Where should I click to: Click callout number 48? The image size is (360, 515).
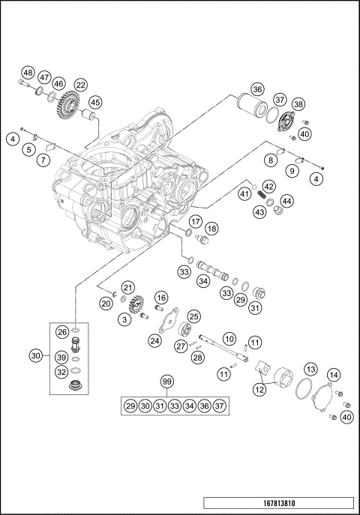[x=28, y=73]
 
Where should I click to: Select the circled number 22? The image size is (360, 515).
[x=80, y=85]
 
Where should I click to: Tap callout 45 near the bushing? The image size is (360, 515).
[x=94, y=102]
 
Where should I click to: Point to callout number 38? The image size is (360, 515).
[x=298, y=105]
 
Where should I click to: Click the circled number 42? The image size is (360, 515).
[x=268, y=187]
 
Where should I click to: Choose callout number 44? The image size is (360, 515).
[x=288, y=201]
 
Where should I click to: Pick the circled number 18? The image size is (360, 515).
[x=212, y=228]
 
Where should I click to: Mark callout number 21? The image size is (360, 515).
[x=128, y=288]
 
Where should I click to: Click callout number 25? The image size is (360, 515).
[x=193, y=316]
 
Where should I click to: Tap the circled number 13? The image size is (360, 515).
[x=309, y=369]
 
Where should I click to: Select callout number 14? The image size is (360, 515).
[x=334, y=375]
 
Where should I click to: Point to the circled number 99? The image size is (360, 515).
[x=166, y=382]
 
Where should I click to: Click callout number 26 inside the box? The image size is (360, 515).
[x=62, y=331]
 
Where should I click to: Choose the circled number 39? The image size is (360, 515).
[x=62, y=357]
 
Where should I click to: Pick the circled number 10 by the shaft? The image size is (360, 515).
[x=229, y=339]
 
